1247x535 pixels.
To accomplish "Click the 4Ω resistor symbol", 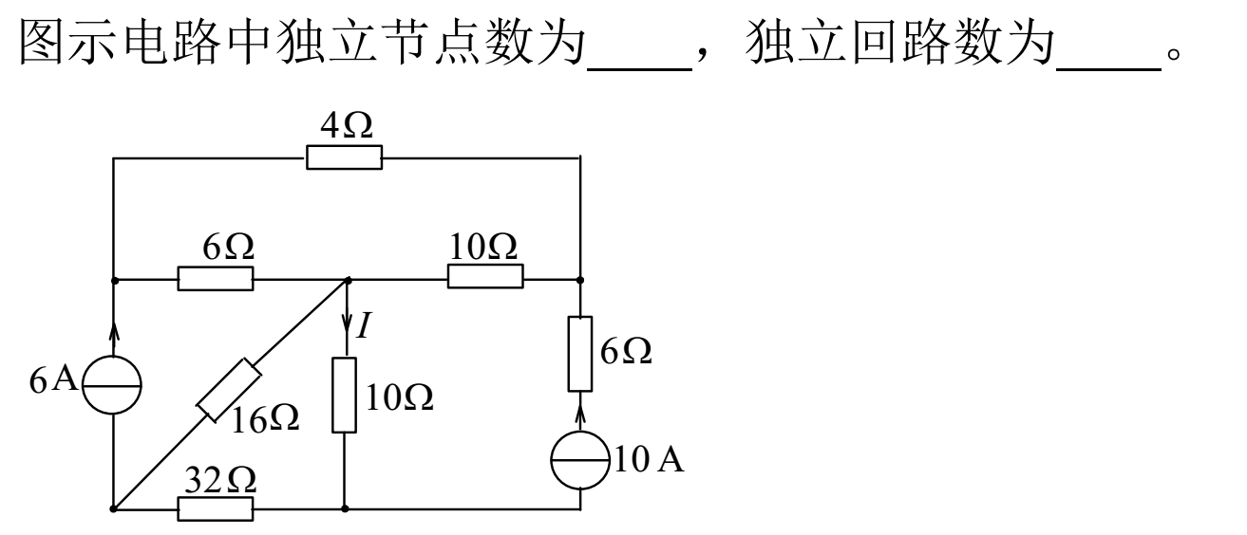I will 344,157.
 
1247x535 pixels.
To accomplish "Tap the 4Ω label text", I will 344,127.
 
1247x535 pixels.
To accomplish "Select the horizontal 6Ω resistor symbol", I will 216,279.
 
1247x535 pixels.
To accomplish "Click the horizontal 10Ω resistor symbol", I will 485,276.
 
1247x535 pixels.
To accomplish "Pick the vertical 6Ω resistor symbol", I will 580,354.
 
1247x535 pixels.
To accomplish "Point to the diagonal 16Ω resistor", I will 229,389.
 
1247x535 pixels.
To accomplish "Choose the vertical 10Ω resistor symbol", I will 344,394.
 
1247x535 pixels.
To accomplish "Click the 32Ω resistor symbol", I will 216,509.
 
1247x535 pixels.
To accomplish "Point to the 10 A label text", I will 649,461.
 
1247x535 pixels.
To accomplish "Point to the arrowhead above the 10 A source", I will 580,417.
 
